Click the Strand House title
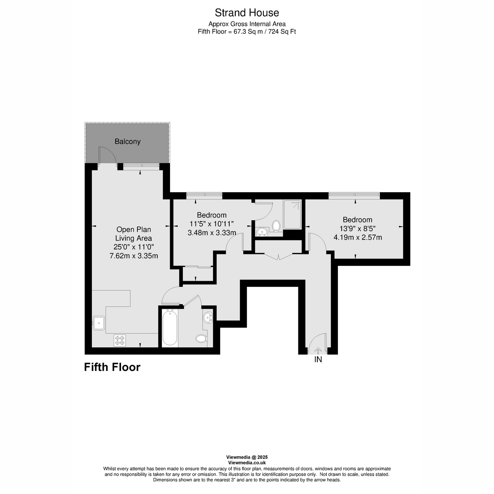coord(247,13)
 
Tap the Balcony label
coord(127,142)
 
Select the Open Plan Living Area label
coord(133,234)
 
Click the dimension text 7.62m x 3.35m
coord(133,256)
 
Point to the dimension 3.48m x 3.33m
coord(212,233)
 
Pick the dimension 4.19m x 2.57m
coord(357,237)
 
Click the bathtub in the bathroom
coord(170,328)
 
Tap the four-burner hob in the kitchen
coord(120,340)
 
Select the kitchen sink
coord(99,322)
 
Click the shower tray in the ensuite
coord(293,214)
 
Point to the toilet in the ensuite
coord(276,226)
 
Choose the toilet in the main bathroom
coord(201,339)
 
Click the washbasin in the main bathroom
coord(208,317)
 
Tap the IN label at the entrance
coord(318,359)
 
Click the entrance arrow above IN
coord(318,350)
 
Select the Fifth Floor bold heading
coord(112,367)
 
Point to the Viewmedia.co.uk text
coord(247,463)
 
